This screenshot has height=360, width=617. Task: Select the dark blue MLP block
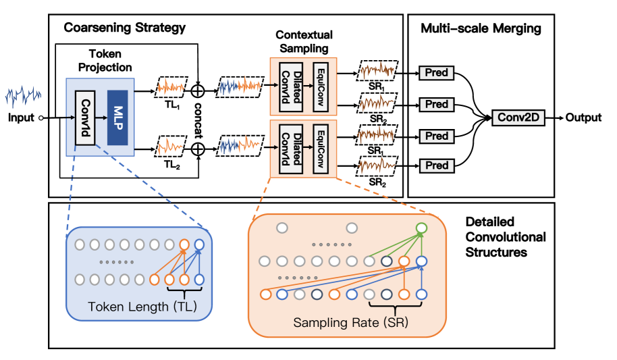point(117,117)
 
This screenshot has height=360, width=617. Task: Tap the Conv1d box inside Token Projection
point(84,117)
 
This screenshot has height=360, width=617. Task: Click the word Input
point(21,118)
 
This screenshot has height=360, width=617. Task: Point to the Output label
point(583,118)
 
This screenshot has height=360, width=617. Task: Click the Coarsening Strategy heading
point(125,28)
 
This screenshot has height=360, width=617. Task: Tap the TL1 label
point(170,105)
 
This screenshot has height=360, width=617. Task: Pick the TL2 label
point(170,165)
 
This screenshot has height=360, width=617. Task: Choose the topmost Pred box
point(437,72)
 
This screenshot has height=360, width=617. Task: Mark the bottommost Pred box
point(437,165)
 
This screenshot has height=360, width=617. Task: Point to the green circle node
point(421,228)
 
